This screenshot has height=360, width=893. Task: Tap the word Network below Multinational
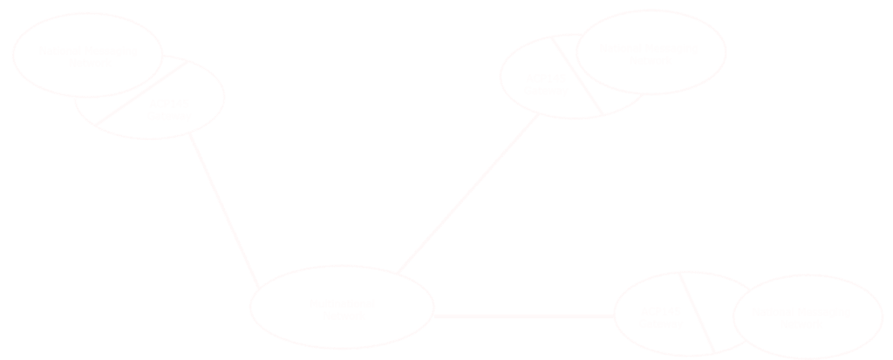click(342, 316)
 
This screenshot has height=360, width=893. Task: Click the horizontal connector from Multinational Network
click(523, 316)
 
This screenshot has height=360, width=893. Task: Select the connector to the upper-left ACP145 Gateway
click(225, 209)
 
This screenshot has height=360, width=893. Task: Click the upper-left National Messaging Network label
click(87, 56)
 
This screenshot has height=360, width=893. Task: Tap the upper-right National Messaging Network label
click(650, 54)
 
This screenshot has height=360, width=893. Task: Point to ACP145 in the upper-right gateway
click(544, 80)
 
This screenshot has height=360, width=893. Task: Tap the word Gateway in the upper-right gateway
click(544, 92)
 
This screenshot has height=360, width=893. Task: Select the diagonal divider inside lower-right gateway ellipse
click(698, 312)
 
